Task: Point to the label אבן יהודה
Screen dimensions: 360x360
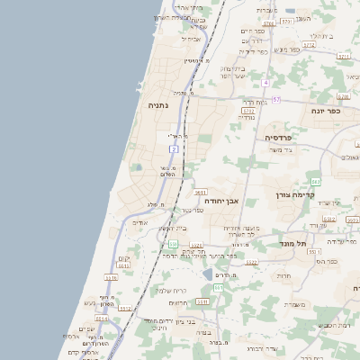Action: tap(221, 202)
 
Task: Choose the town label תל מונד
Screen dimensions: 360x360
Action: tap(293, 243)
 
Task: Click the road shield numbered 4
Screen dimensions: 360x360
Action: tap(266, 83)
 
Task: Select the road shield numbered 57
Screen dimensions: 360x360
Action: tap(276, 99)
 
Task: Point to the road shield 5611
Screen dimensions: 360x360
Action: tap(200, 192)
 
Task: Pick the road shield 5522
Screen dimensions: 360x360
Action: tap(251, 263)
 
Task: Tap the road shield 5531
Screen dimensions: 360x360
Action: tap(202, 302)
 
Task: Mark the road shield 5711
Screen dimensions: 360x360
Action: tap(344, 56)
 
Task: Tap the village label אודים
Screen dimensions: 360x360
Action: tap(139, 222)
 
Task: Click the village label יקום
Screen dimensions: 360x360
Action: tap(124, 259)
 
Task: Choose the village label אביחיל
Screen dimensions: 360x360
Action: tap(192, 39)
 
